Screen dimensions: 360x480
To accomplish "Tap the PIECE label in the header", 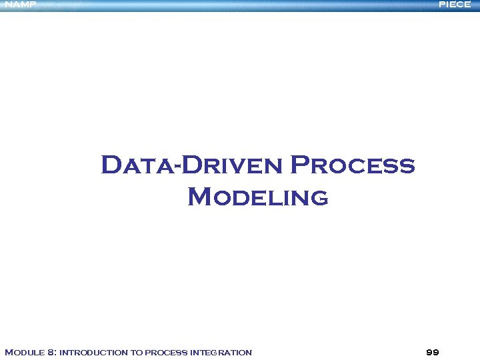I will [455, 5].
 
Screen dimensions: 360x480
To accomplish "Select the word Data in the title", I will [137, 165].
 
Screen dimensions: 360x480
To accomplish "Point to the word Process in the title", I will [353, 165].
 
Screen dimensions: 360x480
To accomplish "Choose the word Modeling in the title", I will [258, 197].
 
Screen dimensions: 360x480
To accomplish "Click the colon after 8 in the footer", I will [56, 353].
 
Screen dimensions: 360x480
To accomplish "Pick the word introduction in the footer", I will [89, 352].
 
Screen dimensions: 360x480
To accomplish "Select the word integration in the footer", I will [221, 352].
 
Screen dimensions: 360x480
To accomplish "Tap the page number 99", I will [432, 352].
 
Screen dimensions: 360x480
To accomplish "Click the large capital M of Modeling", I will [201, 197].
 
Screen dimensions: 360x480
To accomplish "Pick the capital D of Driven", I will [193, 165].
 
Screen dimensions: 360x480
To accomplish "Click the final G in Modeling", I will [318, 198].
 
